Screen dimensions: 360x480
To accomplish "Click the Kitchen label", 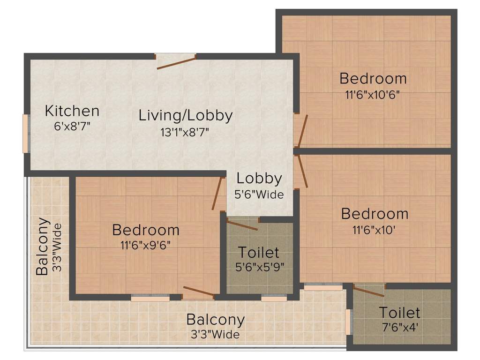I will pos(72,111).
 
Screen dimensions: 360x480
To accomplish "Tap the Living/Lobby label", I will pos(186,115).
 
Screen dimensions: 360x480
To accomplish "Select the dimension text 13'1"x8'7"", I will pos(185,132).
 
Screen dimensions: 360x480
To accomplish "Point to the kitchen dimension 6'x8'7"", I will pos(72,127).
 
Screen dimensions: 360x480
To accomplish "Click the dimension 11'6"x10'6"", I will pos(373,93).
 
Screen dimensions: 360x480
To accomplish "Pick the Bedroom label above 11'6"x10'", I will pos(375,214).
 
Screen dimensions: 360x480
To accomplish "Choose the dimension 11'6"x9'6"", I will pos(146,245).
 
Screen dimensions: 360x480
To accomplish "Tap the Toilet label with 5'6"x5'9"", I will pos(259,253).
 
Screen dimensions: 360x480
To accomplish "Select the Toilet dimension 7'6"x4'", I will pos(399,327).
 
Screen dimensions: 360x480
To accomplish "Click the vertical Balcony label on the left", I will pos(43,246).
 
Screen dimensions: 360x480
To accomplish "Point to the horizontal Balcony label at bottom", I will pos(215,320).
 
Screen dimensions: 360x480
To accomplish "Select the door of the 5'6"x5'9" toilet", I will pos(241,225).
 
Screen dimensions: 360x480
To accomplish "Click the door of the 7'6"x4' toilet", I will pos(368,291).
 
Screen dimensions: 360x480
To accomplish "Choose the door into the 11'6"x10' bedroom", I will pos(302,172).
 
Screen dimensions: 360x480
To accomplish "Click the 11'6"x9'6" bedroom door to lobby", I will pos(217,194).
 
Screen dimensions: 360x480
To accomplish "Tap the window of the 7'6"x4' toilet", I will pos(348,322).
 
